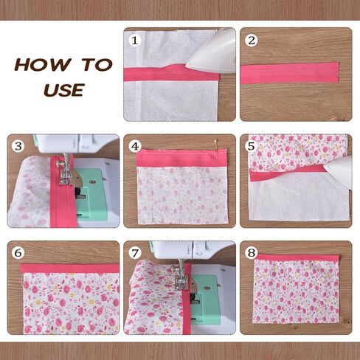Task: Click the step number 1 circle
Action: pos(135,41)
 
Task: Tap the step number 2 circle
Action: pos(252,41)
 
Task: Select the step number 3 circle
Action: pos(18,146)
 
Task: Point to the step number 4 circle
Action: pos(135,146)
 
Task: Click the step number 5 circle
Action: pos(252,146)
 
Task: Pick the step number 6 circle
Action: pos(18,253)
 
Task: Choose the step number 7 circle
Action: pos(135,253)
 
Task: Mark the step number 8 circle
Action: pos(252,253)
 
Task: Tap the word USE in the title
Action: pos(64,90)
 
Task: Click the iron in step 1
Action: pos(212,53)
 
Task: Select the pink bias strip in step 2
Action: pos(290,73)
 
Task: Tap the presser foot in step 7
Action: pos(181,278)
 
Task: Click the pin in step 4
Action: pos(216,145)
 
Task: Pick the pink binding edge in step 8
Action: pos(297,257)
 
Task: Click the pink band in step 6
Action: pos(70,269)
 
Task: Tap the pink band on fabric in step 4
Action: pos(181,158)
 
